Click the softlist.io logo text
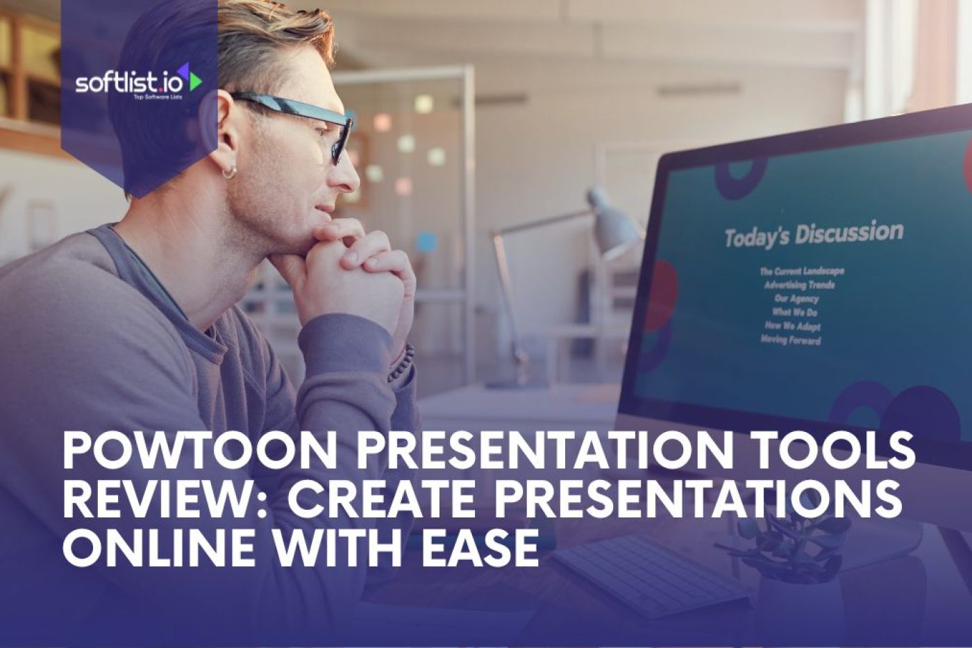click(x=128, y=83)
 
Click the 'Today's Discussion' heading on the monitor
click(x=813, y=235)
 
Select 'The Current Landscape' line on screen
click(x=802, y=271)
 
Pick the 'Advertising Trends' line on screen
click(x=799, y=285)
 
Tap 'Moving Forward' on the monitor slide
click(x=791, y=340)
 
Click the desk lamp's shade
click(x=614, y=219)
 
